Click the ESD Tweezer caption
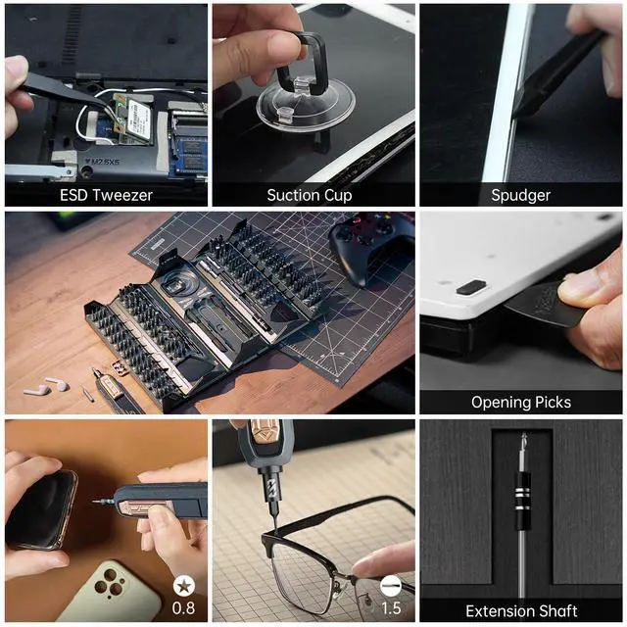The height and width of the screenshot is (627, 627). (x=106, y=195)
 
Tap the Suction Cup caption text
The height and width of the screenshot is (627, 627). (x=309, y=195)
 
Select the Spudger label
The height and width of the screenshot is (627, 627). (x=520, y=195)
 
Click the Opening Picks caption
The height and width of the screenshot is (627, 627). (x=520, y=402)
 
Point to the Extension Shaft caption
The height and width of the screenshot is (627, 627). (x=520, y=611)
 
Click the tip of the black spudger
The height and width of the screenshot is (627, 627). (x=519, y=110)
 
